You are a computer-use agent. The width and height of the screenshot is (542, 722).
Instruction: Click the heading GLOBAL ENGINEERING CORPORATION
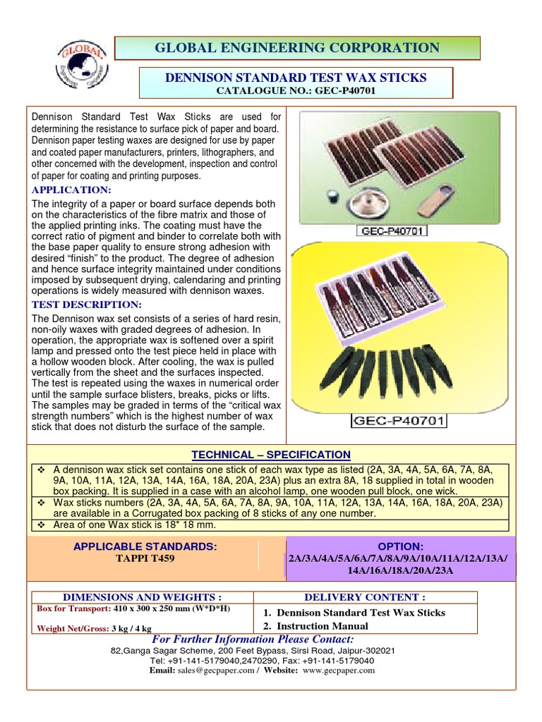click(x=297, y=48)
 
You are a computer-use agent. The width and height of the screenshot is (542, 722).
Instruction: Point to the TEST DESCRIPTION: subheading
click(x=88, y=305)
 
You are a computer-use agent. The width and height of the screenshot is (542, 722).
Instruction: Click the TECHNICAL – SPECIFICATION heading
click(x=272, y=455)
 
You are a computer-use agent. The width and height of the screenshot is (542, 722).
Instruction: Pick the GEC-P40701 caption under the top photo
click(x=389, y=231)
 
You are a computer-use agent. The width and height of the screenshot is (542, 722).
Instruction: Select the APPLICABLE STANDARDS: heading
click(x=145, y=546)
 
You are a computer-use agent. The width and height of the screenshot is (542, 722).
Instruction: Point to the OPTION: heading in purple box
click(x=400, y=547)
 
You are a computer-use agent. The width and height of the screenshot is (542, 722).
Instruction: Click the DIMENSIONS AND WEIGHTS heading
click(x=142, y=597)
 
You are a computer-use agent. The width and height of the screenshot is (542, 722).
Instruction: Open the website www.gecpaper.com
click(x=339, y=671)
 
